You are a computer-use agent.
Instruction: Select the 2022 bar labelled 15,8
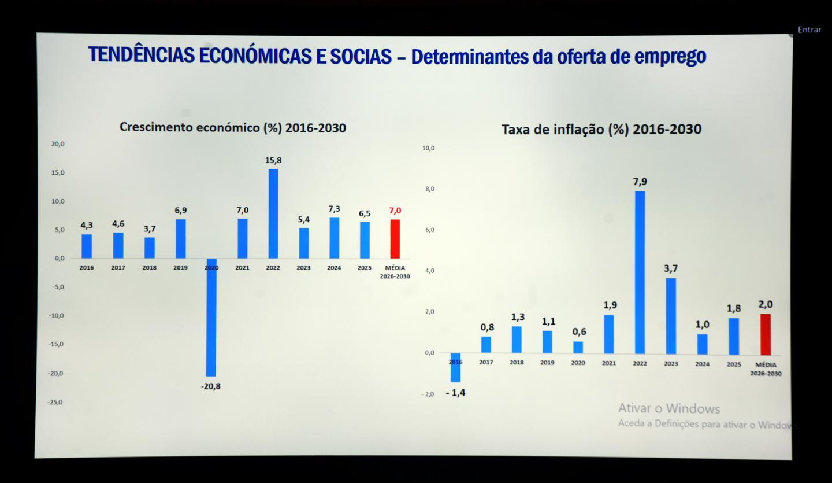[x=273, y=213]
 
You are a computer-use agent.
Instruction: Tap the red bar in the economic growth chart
[x=395, y=239]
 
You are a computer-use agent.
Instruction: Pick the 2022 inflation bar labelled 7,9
[x=640, y=272]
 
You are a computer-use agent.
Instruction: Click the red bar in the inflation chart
[x=766, y=334]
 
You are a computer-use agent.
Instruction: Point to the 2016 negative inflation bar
[x=455, y=367]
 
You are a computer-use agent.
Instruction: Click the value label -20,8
[x=210, y=386]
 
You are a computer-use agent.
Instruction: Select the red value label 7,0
[x=395, y=211]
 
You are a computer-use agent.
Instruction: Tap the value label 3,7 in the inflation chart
[x=671, y=268]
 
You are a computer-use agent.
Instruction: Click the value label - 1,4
[x=455, y=393]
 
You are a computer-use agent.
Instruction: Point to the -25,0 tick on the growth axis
[x=55, y=402]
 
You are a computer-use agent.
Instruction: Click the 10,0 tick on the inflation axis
[x=428, y=148]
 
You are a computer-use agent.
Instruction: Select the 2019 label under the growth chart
[x=180, y=268]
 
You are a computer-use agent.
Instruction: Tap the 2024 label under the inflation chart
[x=703, y=364]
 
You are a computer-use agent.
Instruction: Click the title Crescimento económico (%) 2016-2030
[x=232, y=127]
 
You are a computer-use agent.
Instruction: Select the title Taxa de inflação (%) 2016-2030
[x=601, y=129]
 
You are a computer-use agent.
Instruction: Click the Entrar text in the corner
[x=809, y=30]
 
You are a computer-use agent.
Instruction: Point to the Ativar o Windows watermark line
[x=669, y=409]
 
